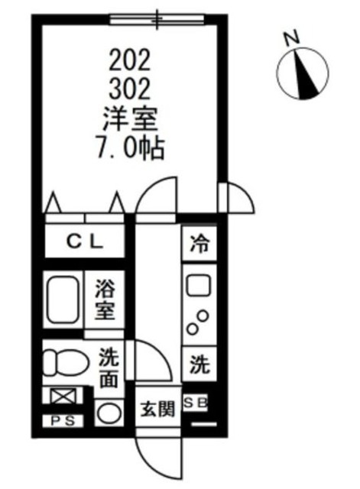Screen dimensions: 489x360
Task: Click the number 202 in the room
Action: coord(131,58)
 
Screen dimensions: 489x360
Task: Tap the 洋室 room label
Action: coord(131,119)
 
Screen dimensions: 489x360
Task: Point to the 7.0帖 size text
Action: coord(131,150)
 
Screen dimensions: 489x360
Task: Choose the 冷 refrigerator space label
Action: coord(199,245)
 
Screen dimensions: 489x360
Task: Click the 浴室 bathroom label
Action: coord(105,300)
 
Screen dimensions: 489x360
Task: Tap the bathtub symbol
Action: coord(63,300)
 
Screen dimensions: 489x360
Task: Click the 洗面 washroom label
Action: coord(109,367)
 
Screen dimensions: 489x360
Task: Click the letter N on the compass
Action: coord(288,37)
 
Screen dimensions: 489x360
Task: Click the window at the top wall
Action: coord(158,18)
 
